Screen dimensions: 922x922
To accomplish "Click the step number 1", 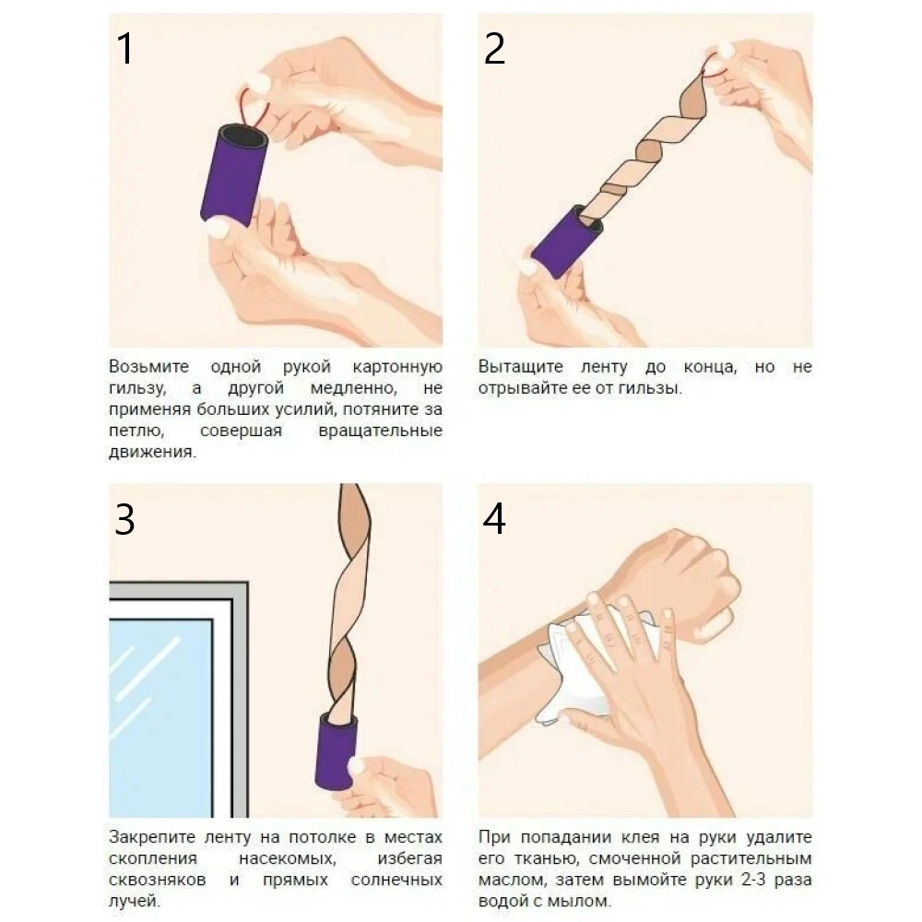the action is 124,48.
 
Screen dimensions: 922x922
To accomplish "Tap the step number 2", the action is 494,48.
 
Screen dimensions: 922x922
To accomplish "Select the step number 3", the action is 124,519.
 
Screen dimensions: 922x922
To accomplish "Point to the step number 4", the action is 494,519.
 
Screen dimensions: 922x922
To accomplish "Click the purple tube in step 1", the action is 234,174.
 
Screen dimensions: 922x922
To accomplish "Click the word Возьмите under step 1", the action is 148,366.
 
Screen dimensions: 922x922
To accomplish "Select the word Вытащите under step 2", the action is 520,366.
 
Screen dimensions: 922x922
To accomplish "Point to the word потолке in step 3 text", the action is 323,837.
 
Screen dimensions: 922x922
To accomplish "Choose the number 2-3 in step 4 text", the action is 756,880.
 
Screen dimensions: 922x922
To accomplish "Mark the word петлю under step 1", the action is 136,431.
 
